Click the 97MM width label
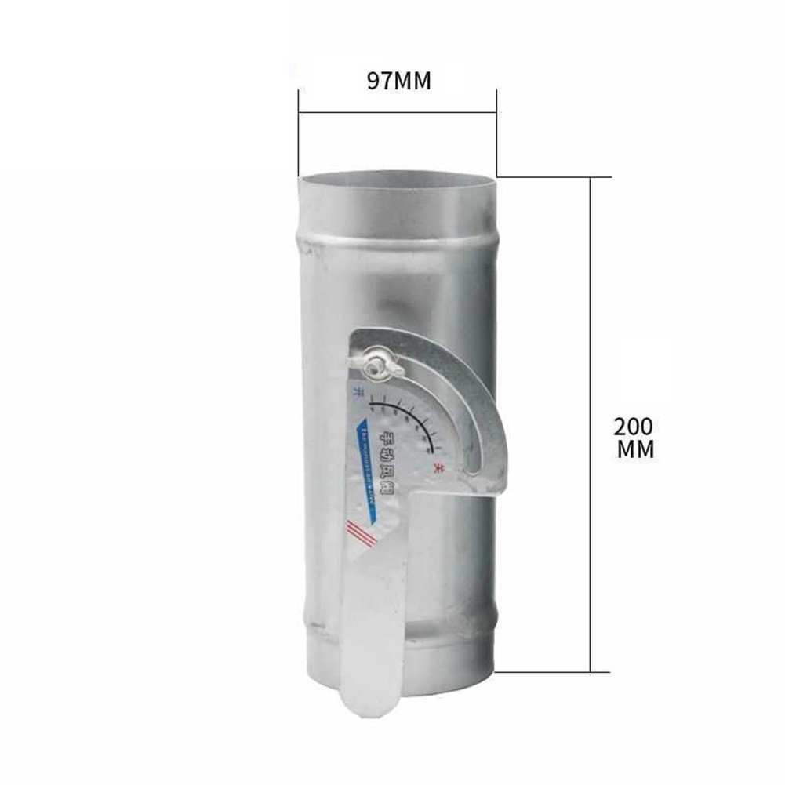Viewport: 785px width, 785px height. coord(399,82)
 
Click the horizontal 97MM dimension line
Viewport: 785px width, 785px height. coord(398,112)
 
